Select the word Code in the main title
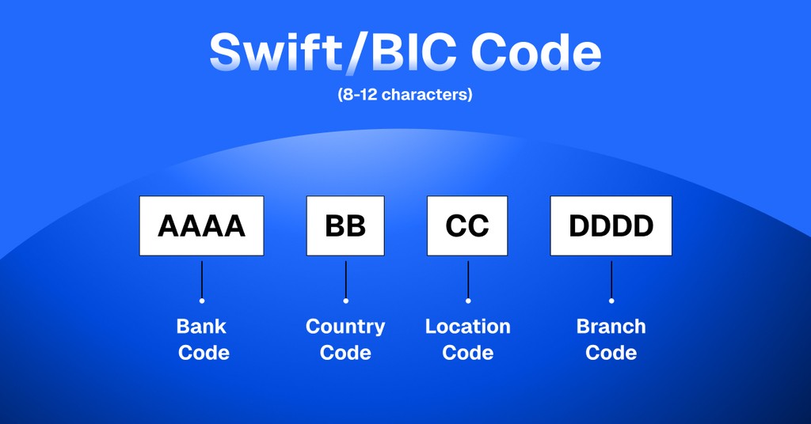(x=535, y=52)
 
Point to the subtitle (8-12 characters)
(x=405, y=95)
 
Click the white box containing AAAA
(x=201, y=225)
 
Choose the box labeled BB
(x=345, y=225)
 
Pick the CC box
(x=467, y=225)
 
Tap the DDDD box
(x=611, y=225)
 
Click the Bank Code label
(x=203, y=339)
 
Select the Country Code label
(x=345, y=339)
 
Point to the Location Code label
(x=467, y=339)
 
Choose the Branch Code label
(x=611, y=339)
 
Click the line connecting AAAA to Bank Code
(x=202, y=277)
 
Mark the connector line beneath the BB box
(x=345, y=277)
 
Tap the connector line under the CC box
(x=468, y=277)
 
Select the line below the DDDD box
(x=611, y=277)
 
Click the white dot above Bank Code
(x=202, y=301)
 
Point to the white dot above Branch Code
(x=611, y=301)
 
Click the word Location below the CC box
(x=467, y=327)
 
